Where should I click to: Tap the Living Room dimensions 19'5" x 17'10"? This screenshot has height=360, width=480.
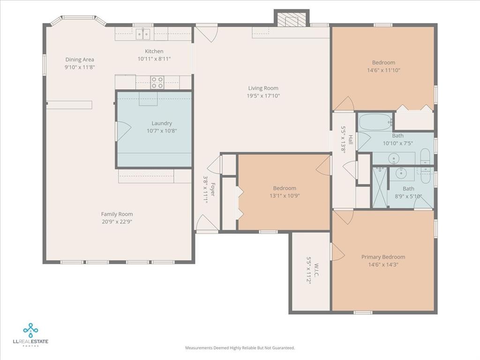(263, 96)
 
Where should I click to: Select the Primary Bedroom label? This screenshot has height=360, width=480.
(383, 257)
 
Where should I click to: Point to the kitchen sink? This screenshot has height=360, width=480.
(143, 34)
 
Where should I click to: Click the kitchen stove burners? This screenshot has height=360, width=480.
(157, 83)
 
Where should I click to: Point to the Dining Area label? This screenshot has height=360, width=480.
(80, 60)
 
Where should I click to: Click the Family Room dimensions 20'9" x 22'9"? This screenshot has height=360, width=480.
(117, 222)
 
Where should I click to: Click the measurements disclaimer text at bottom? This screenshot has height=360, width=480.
(240, 348)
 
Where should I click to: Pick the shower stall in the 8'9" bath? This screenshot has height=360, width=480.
(379, 187)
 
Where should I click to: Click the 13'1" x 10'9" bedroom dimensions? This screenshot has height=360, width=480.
(285, 195)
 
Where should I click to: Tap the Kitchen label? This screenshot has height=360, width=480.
(154, 51)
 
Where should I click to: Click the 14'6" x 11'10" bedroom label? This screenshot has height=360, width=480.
(383, 63)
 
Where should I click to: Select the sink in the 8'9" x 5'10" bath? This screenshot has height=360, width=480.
(401, 173)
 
